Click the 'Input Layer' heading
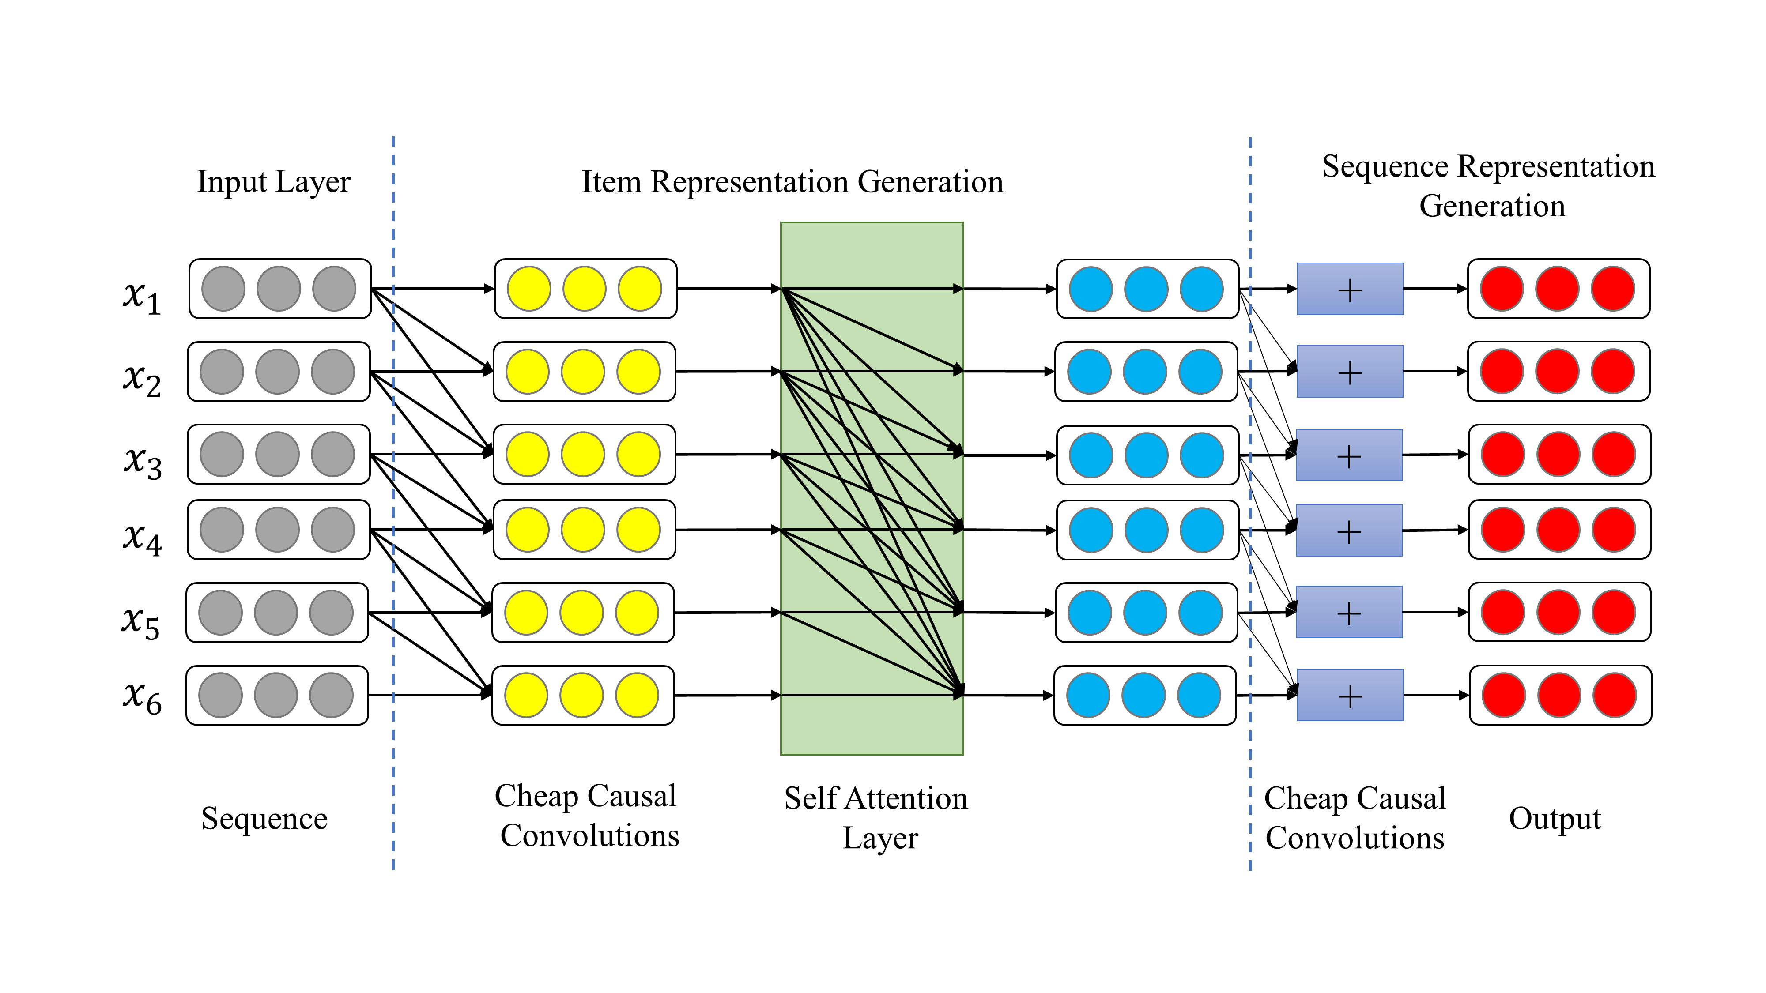[x=274, y=181]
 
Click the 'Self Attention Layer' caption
[x=876, y=817]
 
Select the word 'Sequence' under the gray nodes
[x=264, y=818]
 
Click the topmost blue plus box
[x=1349, y=289]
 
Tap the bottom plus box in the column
[x=1349, y=695]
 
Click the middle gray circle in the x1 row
[x=278, y=289]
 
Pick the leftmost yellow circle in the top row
[x=528, y=289]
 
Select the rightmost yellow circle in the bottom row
[x=637, y=695]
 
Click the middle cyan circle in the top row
[x=1146, y=289]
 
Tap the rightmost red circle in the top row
[x=1612, y=289]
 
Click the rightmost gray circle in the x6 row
[x=331, y=695]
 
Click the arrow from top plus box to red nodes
[x=1434, y=289]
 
